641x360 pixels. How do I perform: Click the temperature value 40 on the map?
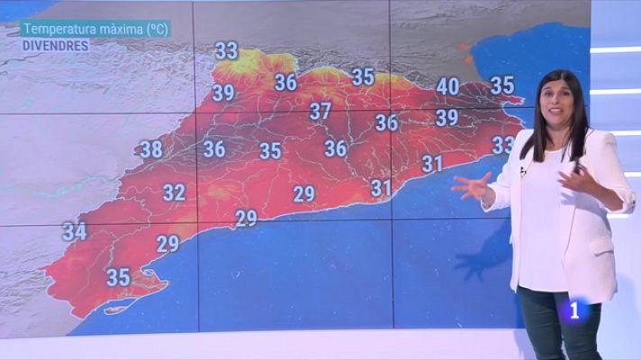[x=447, y=87]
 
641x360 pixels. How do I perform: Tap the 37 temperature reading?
[x=320, y=112]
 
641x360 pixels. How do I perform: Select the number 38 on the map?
[x=151, y=149]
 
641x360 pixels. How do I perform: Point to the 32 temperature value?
[x=174, y=192]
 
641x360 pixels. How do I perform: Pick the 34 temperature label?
[x=74, y=231]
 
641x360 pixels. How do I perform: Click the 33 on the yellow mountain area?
[x=227, y=50]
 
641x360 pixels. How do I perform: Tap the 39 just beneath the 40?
[x=447, y=117]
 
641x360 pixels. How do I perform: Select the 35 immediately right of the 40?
[x=501, y=85]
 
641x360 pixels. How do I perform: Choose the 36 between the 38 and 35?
[x=214, y=148]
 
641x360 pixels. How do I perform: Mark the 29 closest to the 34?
[x=167, y=243]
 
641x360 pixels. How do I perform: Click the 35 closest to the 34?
[x=119, y=277]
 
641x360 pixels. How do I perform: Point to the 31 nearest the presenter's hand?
[x=432, y=164]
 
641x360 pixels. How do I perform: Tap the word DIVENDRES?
[x=55, y=44]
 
